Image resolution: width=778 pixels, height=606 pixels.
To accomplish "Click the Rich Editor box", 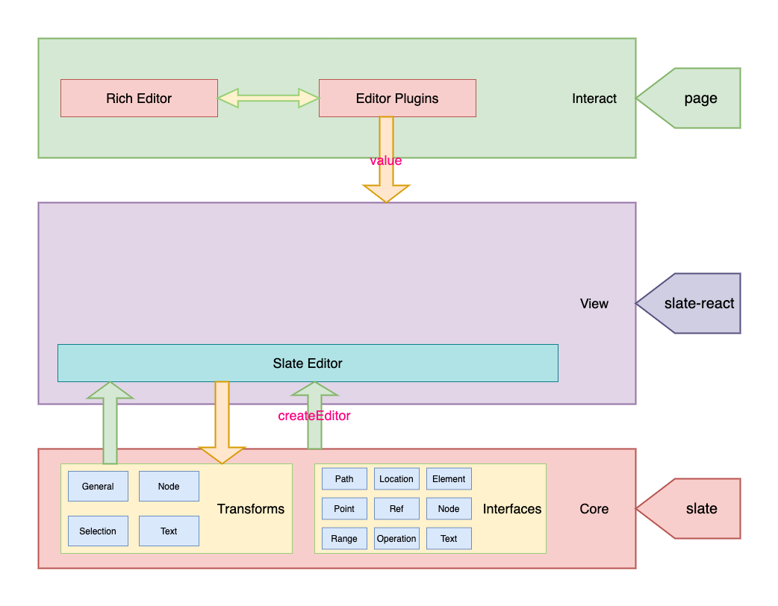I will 139,99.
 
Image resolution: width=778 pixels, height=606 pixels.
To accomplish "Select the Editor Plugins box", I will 397,99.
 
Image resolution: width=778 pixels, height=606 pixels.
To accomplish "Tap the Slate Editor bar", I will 308,363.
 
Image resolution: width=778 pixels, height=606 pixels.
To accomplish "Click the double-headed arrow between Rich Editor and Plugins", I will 268,98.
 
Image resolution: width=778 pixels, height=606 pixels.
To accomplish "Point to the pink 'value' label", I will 386,160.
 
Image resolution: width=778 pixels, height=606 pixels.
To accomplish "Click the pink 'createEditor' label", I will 314,416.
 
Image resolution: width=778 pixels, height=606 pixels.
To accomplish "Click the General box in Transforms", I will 98,487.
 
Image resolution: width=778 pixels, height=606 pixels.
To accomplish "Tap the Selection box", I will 98,531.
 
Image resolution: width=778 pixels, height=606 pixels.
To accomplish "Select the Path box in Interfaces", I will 344,479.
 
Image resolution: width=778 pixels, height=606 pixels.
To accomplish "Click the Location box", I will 396,479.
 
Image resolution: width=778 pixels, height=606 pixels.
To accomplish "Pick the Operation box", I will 396,539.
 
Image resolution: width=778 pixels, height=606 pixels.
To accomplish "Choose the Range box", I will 344,539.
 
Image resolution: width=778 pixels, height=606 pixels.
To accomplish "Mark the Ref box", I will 396,509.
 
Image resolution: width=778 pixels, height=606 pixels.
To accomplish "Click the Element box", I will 449,479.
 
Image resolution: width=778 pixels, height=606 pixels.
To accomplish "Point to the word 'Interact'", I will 594,99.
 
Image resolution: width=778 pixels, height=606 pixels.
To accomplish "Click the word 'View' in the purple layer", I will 594,304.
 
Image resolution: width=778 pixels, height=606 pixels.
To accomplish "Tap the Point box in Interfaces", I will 344,509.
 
